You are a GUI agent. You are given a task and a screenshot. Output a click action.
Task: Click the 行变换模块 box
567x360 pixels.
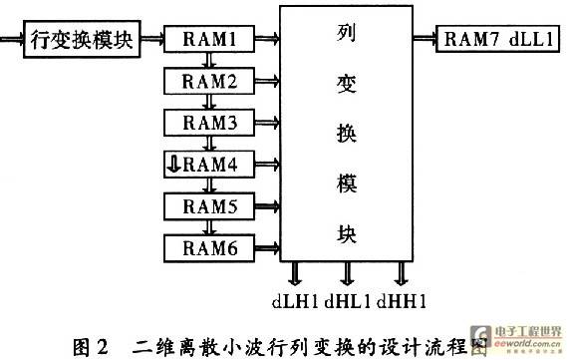(x=82, y=39)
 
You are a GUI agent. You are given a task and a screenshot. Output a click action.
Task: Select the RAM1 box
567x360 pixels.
(x=209, y=39)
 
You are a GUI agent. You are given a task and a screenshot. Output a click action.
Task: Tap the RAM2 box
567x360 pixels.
(x=209, y=81)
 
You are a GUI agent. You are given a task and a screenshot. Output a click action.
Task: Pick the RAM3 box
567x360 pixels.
(x=209, y=123)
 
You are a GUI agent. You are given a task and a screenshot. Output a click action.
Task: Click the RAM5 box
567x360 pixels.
(x=209, y=206)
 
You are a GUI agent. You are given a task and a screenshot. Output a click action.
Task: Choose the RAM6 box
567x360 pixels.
(x=209, y=248)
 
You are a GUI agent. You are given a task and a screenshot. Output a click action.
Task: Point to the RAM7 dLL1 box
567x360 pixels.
(x=498, y=39)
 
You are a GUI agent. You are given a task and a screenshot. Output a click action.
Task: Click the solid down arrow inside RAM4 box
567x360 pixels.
(x=174, y=164)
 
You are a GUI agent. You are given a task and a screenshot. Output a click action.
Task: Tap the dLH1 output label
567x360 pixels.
(x=295, y=301)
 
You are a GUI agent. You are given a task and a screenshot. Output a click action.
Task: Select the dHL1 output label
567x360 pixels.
(x=348, y=301)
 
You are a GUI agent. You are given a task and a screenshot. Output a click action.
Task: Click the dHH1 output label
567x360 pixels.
(x=401, y=301)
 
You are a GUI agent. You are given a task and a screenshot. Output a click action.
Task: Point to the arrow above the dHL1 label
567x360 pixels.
(x=347, y=273)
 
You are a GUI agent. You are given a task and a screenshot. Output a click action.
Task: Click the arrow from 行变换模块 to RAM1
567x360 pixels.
(x=152, y=38)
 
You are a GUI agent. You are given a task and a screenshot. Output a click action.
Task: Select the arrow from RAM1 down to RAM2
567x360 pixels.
(x=209, y=60)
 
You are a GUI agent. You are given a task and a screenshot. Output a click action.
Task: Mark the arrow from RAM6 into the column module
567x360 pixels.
(x=267, y=248)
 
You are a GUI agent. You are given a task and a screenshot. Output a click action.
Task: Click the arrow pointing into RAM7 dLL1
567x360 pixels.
(x=425, y=38)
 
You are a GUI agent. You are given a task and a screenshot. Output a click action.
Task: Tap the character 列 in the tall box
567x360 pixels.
(x=347, y=33)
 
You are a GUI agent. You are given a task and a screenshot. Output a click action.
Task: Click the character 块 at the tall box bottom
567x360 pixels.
(x=347, y=233)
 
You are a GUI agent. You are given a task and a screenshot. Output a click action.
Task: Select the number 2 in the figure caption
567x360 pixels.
(x=102, y=347)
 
